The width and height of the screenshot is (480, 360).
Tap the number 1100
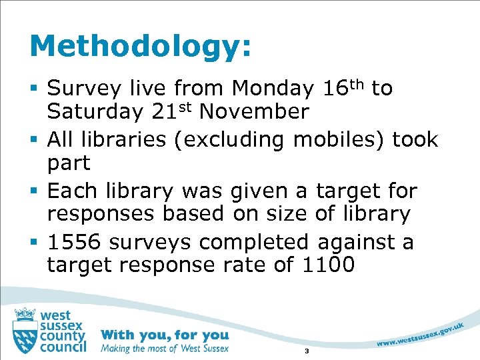pos(328,265)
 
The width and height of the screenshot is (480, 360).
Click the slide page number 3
pos(306,351)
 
